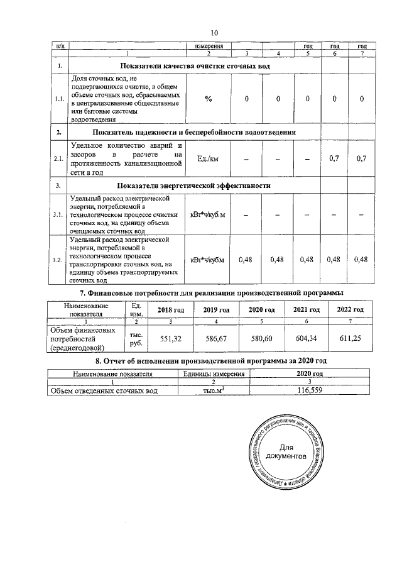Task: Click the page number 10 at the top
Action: click(x=214, y=33)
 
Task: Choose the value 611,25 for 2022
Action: click(x=350, y=338)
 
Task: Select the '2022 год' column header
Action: click(x=350, y=310)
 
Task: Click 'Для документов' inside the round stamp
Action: click(x=286, y=451)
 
